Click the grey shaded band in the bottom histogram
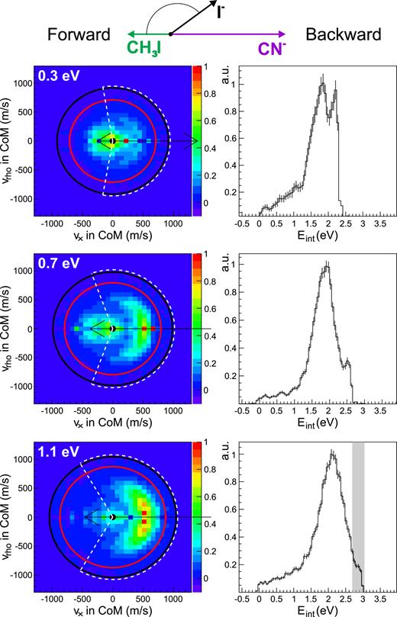(x=357, y=519)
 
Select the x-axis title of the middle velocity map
(x=113, y=423)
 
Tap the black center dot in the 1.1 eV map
(x=113, y=517)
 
